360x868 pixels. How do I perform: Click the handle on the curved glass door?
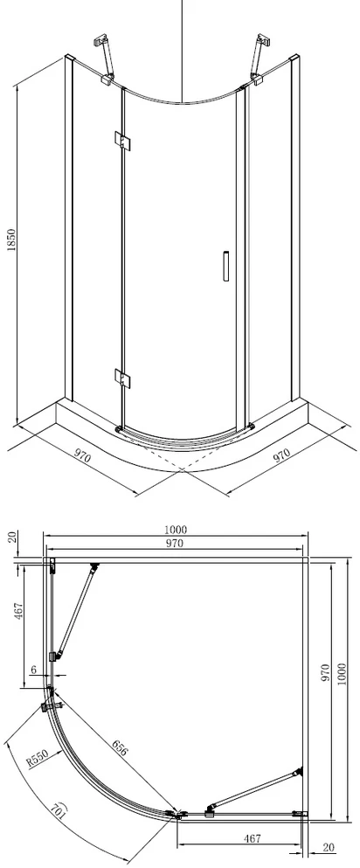pos(226,267)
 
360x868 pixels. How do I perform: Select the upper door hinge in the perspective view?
pos(122,140)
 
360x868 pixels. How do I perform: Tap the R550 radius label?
pos(38,757)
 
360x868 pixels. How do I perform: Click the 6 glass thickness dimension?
pos(33,670)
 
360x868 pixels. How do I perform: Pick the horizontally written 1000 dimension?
pos(176,530)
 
